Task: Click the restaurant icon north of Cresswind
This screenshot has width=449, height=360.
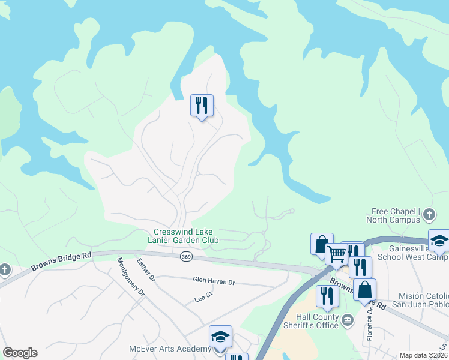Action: [202, 106]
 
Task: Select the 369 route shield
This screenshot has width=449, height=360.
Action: [185, 256]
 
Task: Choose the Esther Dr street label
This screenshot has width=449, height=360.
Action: [146, 271]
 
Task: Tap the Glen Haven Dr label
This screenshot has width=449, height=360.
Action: [213, 280]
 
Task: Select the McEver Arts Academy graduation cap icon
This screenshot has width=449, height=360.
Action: [220, 337]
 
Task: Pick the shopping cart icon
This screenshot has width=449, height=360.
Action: [336, 254]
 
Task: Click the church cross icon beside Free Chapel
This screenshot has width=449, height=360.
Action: [429, 214]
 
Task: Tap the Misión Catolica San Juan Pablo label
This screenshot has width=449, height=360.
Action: [423, 301]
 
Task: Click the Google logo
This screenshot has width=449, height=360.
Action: [20, 353]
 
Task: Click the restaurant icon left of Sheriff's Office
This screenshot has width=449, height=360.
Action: [327, 296]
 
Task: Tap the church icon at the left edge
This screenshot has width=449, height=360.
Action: [5, 269]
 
